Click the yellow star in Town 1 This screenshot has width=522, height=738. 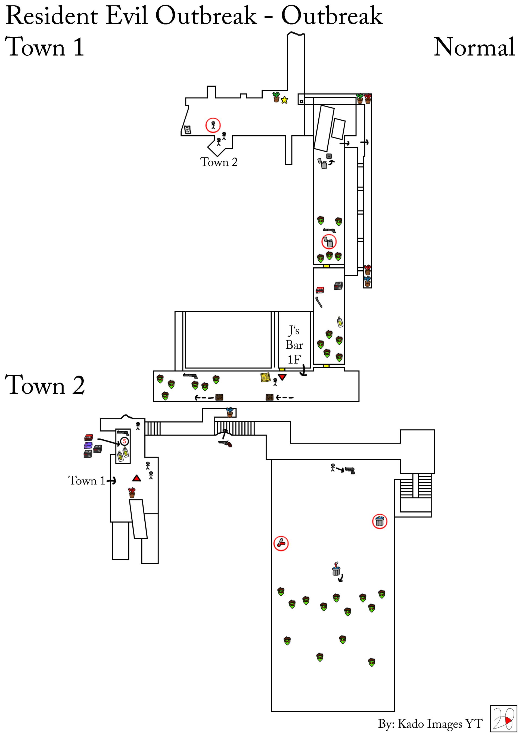pos(284,100)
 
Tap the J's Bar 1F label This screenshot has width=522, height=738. pos(294,345)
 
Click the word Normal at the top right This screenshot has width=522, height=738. pos(474,47)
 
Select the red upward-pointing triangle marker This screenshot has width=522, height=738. pos(137,478)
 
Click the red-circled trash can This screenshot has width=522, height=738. pos(380,521)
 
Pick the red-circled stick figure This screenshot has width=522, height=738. pos(213,125)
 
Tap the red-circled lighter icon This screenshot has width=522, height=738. pos(329,242)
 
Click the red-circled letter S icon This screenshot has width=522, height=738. pos(125,441)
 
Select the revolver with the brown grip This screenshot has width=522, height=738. pos(225,443)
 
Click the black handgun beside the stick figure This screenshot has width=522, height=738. pos(350,471)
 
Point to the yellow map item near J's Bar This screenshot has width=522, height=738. pos(265,377)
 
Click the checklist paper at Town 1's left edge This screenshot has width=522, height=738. pos(188,130)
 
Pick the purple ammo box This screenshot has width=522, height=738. pos(88,445)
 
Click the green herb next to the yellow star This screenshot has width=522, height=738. pos(276,97)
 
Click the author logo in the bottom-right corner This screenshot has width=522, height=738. pos(503,719)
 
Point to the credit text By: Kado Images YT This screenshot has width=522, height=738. pos(430,724)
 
